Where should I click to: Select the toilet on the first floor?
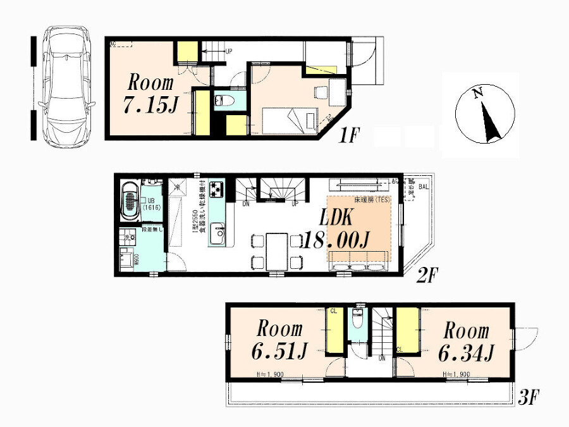point(224,101)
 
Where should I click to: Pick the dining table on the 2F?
point(276,251)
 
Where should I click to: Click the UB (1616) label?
point(152,203)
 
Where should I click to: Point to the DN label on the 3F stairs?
point(382,358)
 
